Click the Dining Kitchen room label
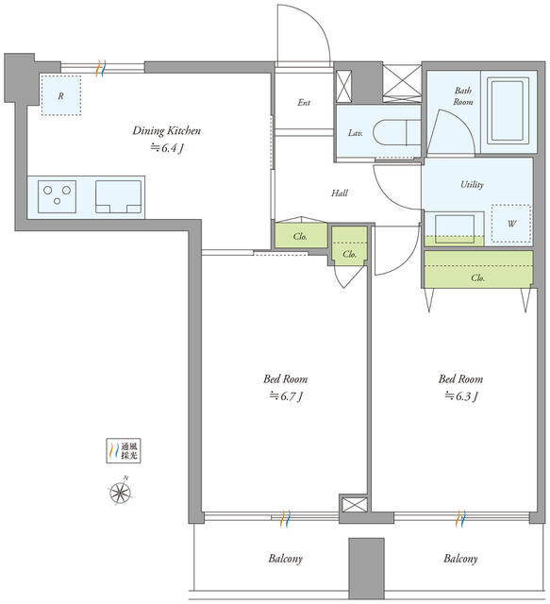pos(166,130)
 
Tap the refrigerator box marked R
pos(61,95)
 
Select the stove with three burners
pos(57,196)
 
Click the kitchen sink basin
pos(118,196)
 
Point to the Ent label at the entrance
pos(304,103)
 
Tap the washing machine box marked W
pos(511,224)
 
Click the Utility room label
pos(472,185)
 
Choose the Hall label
pos(340,193)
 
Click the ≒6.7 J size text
pos(286,396)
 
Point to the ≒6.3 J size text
pos(461,396)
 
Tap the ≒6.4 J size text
pos(166,148)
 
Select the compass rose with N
pos(121,492)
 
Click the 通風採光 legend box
pos(124,450)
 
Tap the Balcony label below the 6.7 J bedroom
pos(286,559)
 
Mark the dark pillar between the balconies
pos(367,568)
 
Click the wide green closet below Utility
pos(478,269)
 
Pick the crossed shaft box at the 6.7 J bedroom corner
pos(353,504)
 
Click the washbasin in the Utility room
pos(455,228)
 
